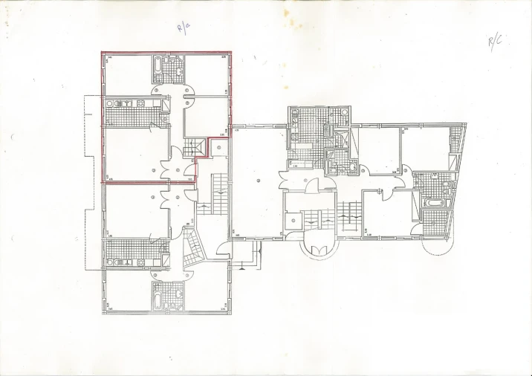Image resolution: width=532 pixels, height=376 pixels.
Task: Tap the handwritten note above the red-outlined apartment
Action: coord(182,29)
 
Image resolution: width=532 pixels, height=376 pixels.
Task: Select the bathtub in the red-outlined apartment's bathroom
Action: coord(158,69)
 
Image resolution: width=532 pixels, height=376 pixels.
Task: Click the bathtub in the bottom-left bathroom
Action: coord(158,299)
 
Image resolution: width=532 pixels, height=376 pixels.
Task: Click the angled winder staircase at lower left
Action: coord(193,248)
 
